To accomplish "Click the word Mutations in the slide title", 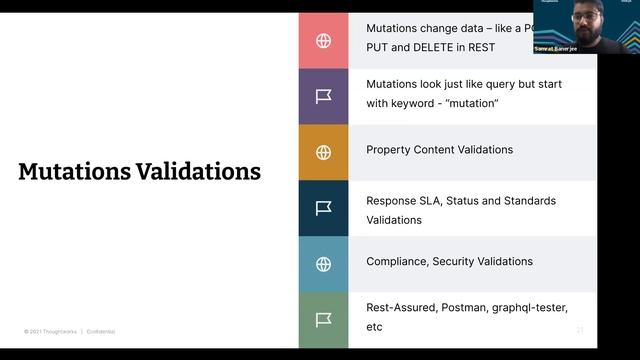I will point(73,172).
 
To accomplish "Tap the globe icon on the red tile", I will point(323,41).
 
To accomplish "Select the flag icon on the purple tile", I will point(323,96).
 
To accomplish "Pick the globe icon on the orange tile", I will point(323,152).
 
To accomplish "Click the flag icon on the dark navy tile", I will point(323,208).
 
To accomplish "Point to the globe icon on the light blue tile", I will point(323,264).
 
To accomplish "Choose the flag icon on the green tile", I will point(323,320).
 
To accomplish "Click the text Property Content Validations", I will point(439,150).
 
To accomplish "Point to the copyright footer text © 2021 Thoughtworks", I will point(51,331).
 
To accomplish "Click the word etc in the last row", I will point(374,327).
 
